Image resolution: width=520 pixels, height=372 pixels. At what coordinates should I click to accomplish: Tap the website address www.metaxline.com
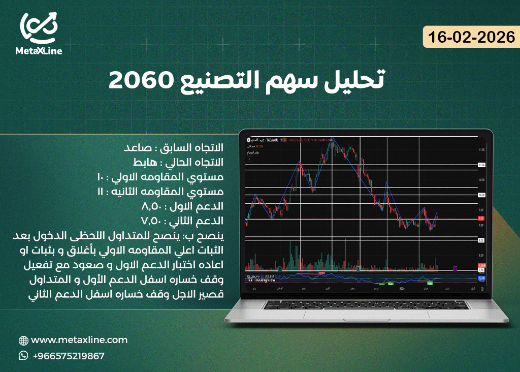tap(79, 340)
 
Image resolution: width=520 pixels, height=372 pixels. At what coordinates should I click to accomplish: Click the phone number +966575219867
tap(68, 356)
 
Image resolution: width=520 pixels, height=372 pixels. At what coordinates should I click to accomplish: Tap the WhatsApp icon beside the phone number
tap(23, 356)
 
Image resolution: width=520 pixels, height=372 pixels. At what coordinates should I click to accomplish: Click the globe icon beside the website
tap(23, 340)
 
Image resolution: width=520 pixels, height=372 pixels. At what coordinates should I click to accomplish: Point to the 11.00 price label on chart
tap(481, 165)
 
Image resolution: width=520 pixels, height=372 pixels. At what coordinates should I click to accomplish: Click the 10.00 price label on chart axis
tap(481, 195)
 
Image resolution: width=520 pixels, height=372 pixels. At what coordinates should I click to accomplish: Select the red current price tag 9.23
tap(481, 219)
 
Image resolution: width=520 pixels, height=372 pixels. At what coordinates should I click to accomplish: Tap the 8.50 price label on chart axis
tap(481, 240)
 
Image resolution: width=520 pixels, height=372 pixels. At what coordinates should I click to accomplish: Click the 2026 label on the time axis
tap(401, 288)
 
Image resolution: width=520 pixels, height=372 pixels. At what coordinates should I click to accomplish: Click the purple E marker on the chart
tap(455, 268)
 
